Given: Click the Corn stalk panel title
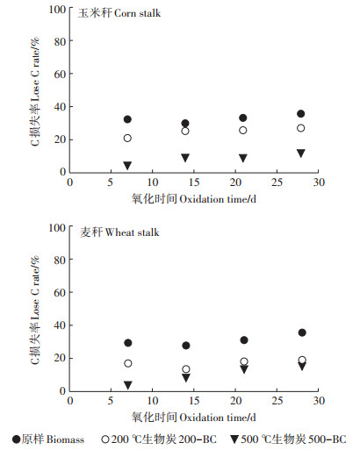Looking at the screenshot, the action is coord(119,13).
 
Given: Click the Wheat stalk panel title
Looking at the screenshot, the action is coord(119,232).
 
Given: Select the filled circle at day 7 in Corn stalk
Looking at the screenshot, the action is coord(127,119).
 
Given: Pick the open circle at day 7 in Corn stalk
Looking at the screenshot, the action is coord(127,138).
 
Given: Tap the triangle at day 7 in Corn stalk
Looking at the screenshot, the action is coord(127,166).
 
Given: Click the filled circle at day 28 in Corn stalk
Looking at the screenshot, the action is coord(301,114).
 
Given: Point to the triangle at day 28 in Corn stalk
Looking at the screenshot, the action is coord(301,154).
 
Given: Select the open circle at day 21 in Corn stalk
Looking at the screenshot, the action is coord(243,131).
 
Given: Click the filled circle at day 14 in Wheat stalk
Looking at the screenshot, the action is coord(186,346).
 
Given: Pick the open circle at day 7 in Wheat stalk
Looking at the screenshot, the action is coord(128,363).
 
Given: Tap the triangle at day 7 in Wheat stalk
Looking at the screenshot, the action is coord(128,385).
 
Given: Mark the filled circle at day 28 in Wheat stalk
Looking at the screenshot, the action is coord(302,332).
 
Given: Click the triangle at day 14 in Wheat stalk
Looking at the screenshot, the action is coord(186,378).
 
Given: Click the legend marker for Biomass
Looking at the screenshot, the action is coord(17,439).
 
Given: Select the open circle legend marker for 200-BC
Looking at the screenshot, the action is coord(105,439).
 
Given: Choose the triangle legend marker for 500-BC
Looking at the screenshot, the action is coord(234,439).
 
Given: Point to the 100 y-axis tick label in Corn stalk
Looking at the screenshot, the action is coord(57,10).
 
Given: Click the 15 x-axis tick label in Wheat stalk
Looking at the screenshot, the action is coord(194,401).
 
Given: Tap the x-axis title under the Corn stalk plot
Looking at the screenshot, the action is coord(194,199).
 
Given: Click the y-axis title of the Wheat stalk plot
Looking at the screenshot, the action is coord(35,310).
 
